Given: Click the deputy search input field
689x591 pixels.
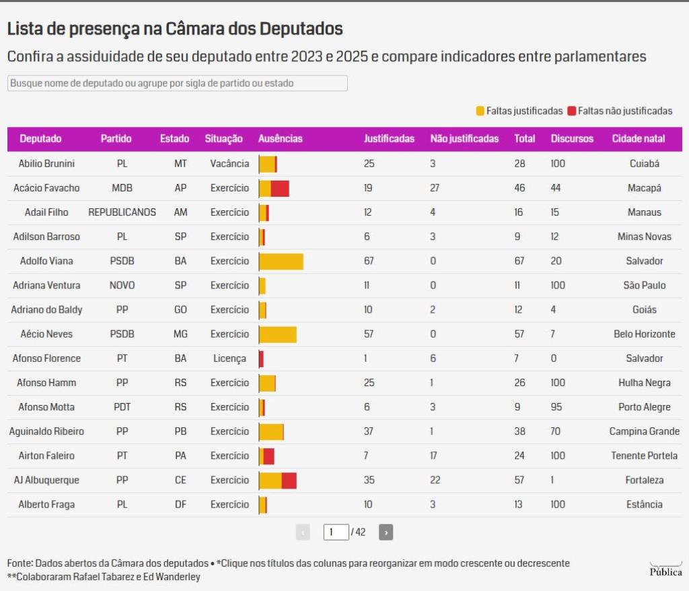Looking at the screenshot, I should tap(178, 83).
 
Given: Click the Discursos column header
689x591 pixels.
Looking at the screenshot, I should tap(572, 139).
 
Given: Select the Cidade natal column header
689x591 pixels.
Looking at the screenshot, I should tap(638, 139).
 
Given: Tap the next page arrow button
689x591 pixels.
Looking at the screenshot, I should tap(386, 532).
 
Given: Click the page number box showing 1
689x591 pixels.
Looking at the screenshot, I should tap(336, 532).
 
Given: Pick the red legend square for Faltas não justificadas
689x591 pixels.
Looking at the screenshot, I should tap(572, 111).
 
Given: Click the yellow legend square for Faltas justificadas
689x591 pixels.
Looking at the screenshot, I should tap(480, 111).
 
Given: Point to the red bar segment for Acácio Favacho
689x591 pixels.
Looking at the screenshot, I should tap(280, 189).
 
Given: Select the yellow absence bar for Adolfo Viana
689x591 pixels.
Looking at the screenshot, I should tap(281, 261).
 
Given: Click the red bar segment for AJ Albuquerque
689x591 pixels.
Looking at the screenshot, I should tap(289, 480).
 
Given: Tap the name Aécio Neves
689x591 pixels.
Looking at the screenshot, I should tap(46, 334).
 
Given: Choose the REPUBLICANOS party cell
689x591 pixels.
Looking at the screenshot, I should tap(122, 212).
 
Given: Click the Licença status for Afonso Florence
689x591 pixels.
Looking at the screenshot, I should tap(229, 359).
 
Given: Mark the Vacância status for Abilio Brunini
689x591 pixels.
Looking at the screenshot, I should tap(229, 164).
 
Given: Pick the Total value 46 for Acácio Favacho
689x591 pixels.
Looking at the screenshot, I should tap(519, 188).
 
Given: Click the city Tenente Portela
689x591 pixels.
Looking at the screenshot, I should tap(644, 456).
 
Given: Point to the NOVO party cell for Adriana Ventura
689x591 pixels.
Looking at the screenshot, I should tap(122, 286).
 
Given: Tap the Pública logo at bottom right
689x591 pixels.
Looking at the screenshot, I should tap(665, 570).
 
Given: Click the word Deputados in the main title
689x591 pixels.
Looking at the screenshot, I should tap(301, 29).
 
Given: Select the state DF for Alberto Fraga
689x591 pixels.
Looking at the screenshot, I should tap(180, 505).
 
